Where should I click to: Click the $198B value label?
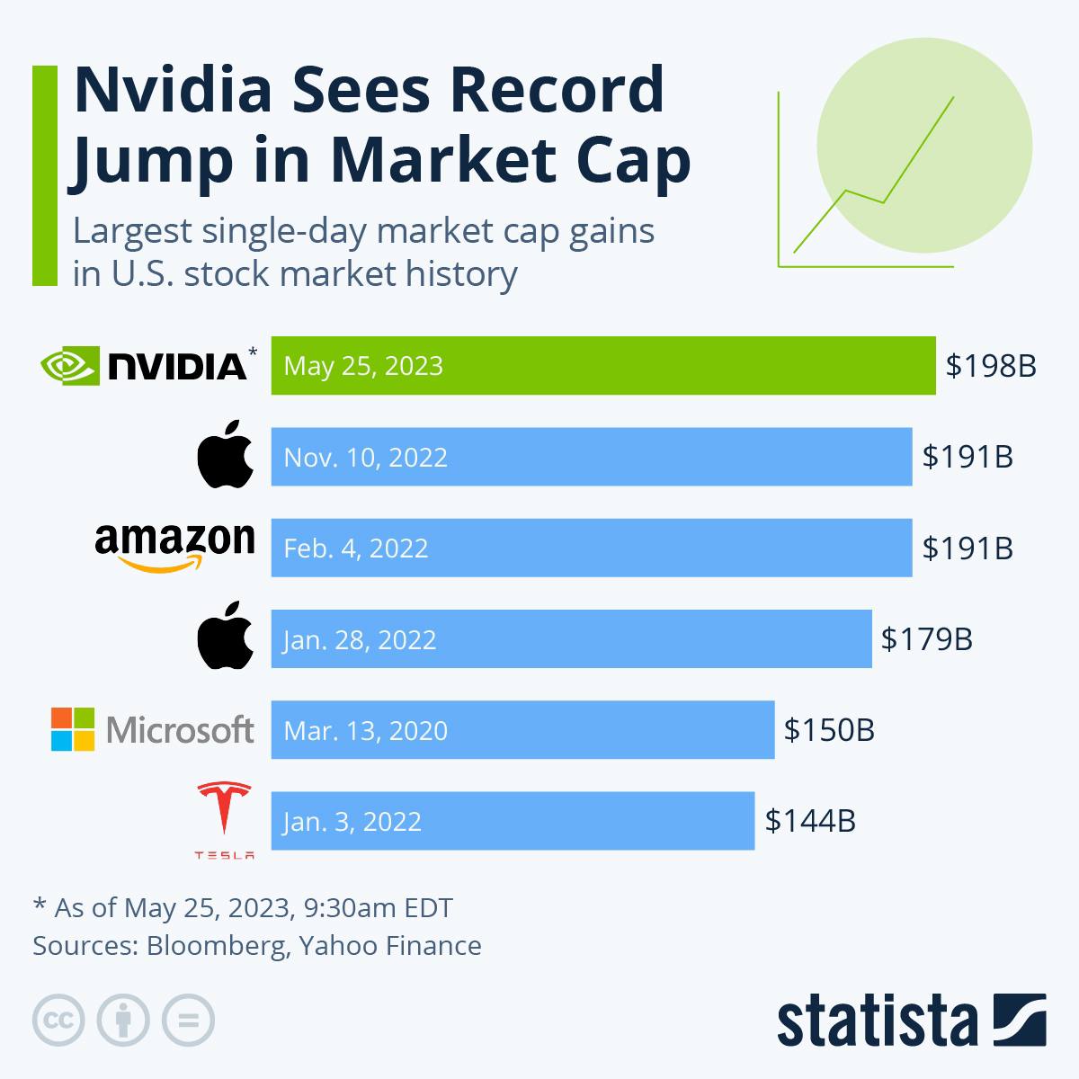coord(991,366)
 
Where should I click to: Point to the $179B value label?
coord(926,639)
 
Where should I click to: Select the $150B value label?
coord(829,729)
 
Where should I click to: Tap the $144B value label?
coord(810,821)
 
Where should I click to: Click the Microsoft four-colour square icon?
coord(73,729)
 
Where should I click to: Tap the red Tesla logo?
coord(224,814)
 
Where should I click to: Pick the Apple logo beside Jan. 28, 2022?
coord(225,638)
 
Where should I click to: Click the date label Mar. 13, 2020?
coord(365,730)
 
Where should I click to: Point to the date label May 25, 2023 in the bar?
coord(363,366)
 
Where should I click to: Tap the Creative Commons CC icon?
coord(58,1021)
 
